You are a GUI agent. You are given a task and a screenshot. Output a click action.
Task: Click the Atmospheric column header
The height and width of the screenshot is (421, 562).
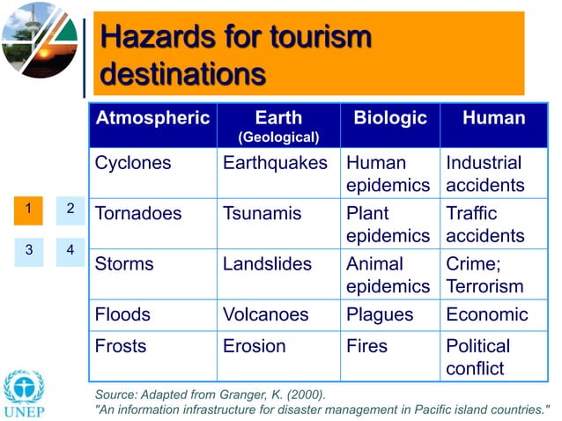point(152,118)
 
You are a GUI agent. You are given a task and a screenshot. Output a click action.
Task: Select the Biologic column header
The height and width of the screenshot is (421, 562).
point(390,118)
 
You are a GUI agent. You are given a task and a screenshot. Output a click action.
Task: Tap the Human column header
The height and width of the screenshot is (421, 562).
point(493,118)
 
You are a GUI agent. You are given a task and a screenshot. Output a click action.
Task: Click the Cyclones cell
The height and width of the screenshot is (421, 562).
point(133,163)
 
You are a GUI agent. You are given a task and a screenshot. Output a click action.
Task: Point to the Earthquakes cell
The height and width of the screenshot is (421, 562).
point(275,163)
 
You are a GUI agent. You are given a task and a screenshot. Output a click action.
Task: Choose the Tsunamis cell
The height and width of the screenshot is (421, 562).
point(262,213)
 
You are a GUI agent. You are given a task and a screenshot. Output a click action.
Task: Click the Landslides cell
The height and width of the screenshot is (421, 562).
point(267,264)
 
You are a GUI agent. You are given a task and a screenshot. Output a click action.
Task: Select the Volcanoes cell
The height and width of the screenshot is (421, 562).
point(265,314)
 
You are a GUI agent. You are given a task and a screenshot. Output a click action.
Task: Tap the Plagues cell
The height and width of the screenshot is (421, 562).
point(380,314)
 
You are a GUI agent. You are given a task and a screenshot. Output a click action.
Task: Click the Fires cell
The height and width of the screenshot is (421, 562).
point(366,346)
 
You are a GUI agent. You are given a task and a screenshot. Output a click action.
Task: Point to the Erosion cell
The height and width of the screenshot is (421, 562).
point(254,346)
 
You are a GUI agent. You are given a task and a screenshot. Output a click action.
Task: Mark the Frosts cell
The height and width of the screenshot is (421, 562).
point(121,346)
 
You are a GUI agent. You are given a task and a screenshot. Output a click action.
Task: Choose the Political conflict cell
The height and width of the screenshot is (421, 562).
point(477,357)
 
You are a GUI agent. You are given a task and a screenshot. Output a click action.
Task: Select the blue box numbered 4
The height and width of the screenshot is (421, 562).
point(70,250)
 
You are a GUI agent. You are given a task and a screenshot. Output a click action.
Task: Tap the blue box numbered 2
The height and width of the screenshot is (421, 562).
point(70,210)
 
